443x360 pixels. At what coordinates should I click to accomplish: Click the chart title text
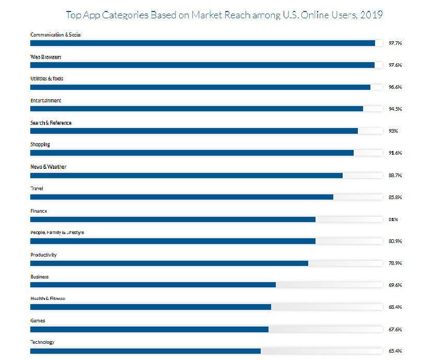(x=224, y=15)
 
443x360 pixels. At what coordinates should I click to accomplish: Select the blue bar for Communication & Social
(x=203, y=43)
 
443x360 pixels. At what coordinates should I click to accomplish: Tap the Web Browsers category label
(x=46, y=56)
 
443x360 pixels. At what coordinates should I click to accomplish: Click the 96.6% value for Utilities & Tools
(x=395, y=87)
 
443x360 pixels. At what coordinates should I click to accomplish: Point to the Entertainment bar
(x=196, y=109)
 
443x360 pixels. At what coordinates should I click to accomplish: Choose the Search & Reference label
(x=51, y=123)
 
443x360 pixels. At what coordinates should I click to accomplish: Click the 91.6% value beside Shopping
(x=395, y=153)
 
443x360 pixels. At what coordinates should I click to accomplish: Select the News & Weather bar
(x=186, y=175)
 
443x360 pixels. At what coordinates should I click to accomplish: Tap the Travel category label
(x=37, y=189)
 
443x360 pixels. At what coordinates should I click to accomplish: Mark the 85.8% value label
(x=395, y=198)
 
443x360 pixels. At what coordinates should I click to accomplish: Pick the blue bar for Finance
(x=173, y=219)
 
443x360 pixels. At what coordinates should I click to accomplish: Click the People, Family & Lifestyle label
(x=57, y=233)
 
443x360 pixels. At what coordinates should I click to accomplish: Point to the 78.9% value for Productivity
(x=395, y=263)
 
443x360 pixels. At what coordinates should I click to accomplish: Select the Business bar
(x=153, y=285)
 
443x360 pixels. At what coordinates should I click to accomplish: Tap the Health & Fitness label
(x=48, y=298)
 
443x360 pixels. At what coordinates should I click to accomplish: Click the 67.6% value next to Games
(x=395, y=329)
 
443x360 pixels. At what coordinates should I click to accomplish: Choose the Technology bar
(x=145, y=351)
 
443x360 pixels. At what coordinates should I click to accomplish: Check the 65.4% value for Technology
(x=395, y=351)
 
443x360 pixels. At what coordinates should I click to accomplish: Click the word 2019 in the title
(x=371, y=15)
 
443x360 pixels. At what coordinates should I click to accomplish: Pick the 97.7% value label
(x=395, y=43)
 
